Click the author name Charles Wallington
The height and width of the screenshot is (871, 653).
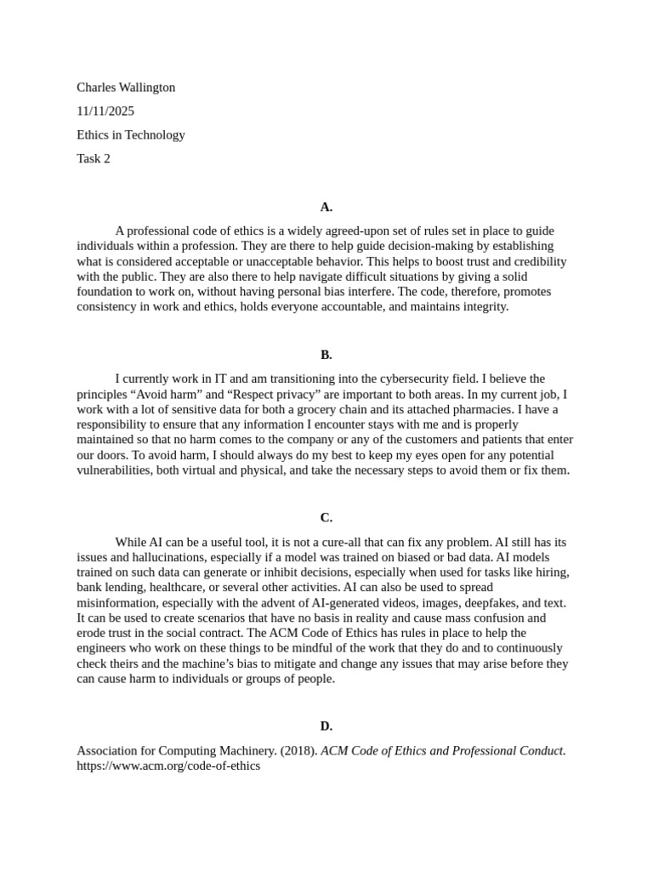click(126, 88)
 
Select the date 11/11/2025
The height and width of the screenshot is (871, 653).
click(105, 111)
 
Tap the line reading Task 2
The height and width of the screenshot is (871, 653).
click(94, 158)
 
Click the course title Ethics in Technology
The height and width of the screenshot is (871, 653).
click(131, 134)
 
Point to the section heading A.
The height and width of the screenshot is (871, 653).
click(326, 207)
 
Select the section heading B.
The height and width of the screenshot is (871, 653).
click(326, 355)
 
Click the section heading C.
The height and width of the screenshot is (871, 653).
click(326, 517)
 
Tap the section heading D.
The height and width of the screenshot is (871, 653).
click(326, 726)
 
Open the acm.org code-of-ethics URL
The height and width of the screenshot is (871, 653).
click(168, 766)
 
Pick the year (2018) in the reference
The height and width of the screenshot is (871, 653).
click(300, 750)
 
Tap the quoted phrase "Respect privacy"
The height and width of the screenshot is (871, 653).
click(283, 394)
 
